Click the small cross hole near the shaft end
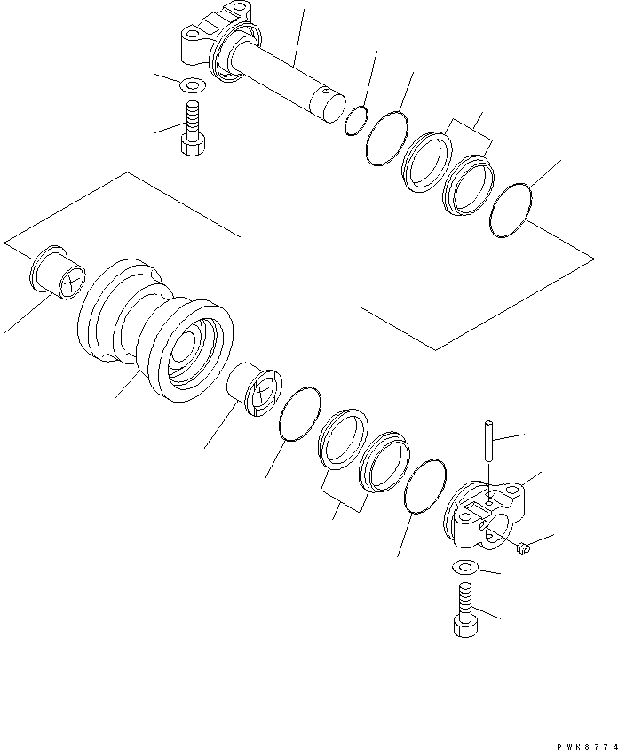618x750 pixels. pyautogui.click(x=328, y=91)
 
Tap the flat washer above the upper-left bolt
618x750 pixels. pyautogui.click(x=192, y=85)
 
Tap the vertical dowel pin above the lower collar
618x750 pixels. pyautogui.click(x=490, y=441)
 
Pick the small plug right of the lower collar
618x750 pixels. pyautogui.click(x=525, y=551)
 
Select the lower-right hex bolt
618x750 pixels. pyautogui.click(x=465, y=610)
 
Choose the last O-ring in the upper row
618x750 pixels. pyautogui.click(x=511, y=211)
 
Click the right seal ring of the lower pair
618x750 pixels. pyautogui.click(x=384, y=462)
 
